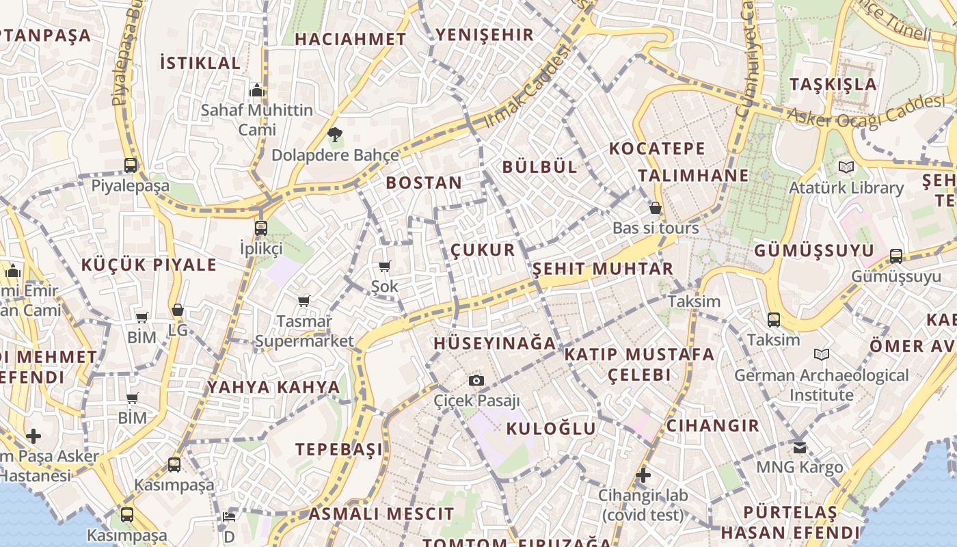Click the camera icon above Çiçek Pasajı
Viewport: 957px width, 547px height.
(x=476, y=381)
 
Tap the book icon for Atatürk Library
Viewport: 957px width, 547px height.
(x=846, y=167)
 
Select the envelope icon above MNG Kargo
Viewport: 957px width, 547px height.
(x=799, y=448)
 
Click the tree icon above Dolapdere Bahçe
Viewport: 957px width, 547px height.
(x=334, y=135)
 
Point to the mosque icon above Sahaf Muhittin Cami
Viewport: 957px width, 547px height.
(x=257, y=90)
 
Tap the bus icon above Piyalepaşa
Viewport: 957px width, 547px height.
(x=131, y=165)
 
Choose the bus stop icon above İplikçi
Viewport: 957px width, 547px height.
(x=261, y=228)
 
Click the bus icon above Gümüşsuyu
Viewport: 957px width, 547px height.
(x=895, y=256)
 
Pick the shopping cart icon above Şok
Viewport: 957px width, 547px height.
(x=384, y=266)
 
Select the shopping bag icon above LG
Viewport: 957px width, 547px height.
(x=178, y=310)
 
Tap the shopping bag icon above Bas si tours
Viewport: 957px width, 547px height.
(x=656, y=208)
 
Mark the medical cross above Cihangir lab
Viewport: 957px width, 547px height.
(x=643, y=475)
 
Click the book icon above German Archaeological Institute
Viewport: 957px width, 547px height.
(x=822, y=355)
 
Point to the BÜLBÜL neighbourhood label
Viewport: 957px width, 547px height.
(x=540, y=167)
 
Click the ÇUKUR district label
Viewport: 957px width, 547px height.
(x=483, y=250)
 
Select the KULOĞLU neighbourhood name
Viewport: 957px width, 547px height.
(x=552, y=429)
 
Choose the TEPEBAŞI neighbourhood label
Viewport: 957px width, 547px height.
(x=339, y=449)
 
